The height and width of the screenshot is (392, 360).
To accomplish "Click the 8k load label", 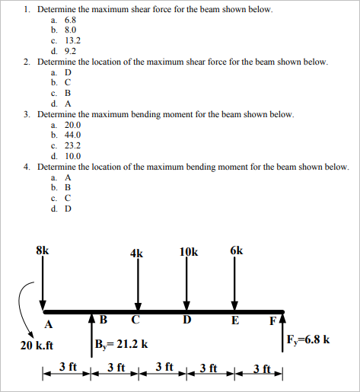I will [x=43, y=250].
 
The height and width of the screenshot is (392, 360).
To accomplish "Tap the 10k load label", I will [x=189, y=253].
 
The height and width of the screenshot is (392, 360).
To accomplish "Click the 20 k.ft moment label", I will [x=37, y=344].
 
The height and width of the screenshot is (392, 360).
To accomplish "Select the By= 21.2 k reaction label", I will [x=122, y=344].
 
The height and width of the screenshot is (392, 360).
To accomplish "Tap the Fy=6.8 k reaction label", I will [x=309, y=339].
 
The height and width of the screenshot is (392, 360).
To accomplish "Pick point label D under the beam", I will [x=186, y=320].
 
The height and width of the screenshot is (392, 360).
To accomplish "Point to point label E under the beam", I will [x=236, y=320].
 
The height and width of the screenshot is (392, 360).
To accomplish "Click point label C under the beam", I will [x=135, y=320].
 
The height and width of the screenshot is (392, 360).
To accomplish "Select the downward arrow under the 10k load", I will [x=187, y=285].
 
